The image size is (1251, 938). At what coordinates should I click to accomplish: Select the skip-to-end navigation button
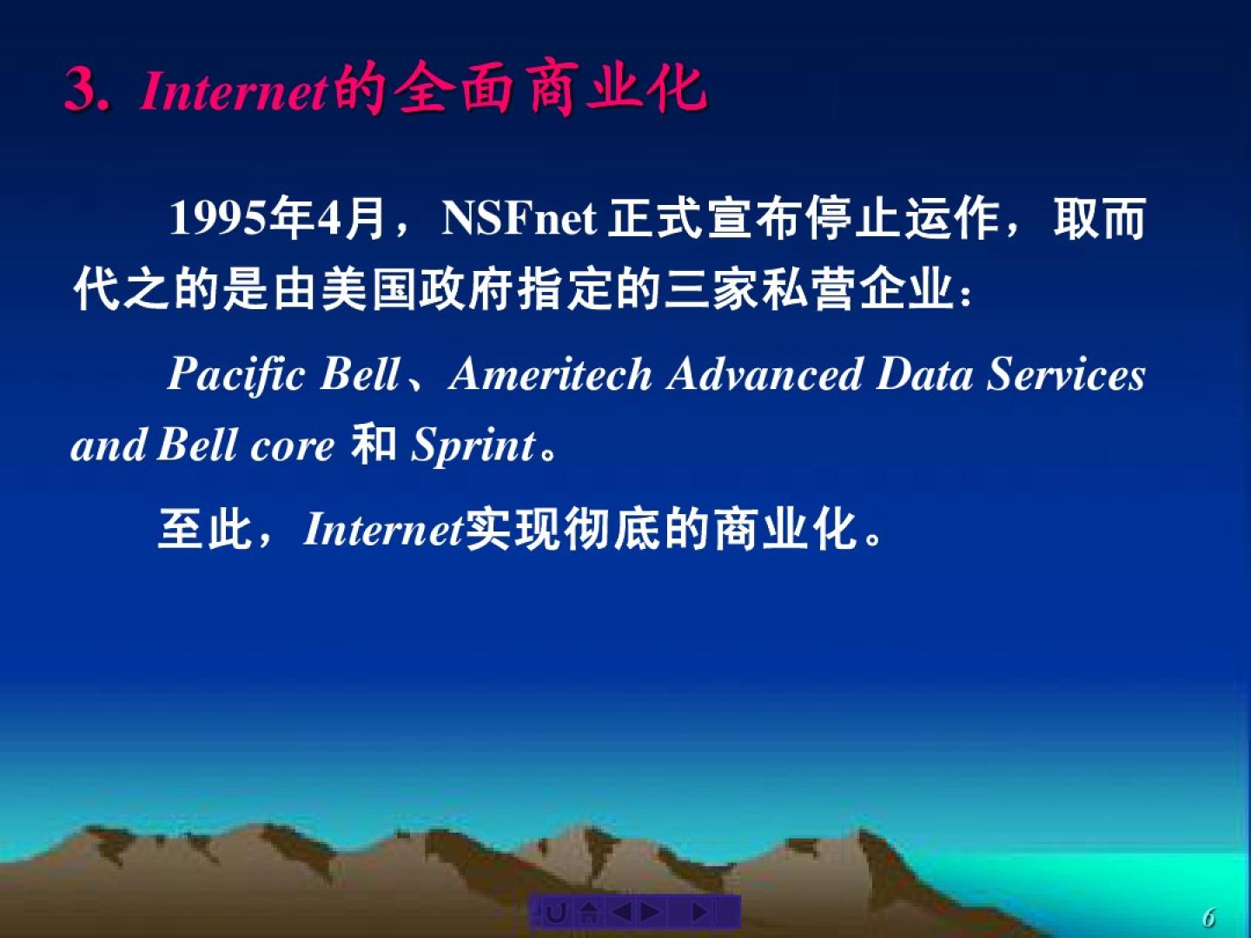coord(700,912)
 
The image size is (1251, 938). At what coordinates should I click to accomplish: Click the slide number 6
coord(1208,917)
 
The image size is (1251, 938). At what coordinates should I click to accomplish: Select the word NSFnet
coord(520,219)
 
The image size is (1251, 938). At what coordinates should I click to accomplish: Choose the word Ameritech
coord(550,374)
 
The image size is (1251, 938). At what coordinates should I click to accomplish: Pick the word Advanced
coord(764,374)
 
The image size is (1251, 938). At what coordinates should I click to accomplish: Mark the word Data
coord(924,374)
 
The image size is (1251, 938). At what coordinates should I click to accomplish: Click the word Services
coord(1066,374)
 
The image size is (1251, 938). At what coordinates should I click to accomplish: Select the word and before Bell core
coord(109,445)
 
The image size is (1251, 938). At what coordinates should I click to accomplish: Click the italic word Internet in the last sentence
coord(384,529)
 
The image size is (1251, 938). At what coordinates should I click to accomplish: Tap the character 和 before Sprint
coord(374,444)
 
